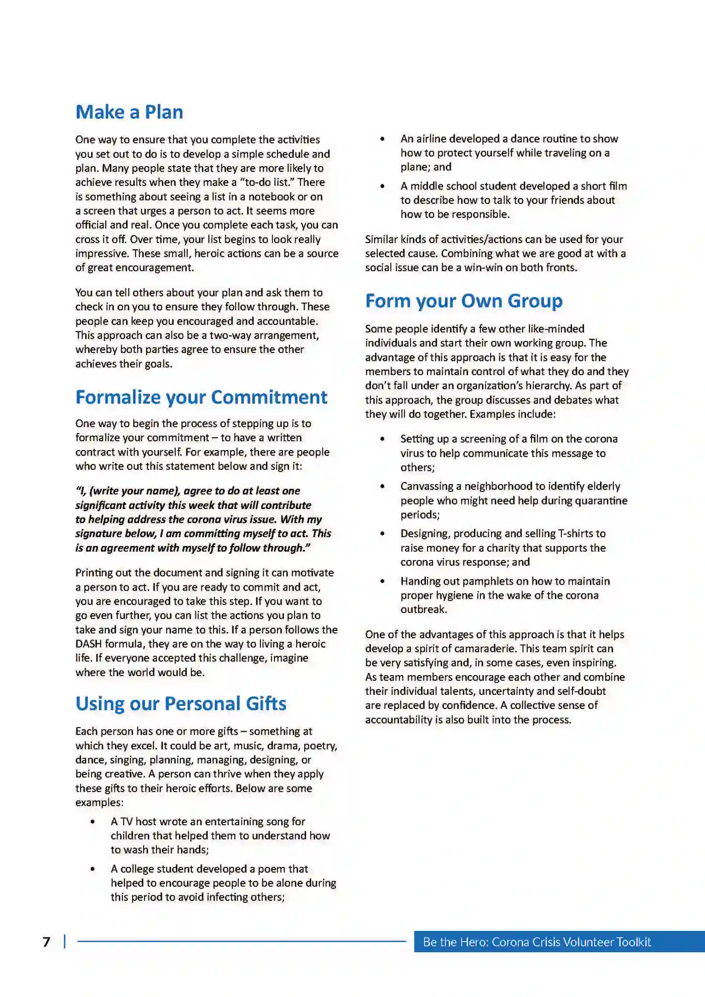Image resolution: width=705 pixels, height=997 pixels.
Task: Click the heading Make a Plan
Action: click(129, 112)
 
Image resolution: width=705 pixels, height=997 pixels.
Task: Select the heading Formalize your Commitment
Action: click(201, 397)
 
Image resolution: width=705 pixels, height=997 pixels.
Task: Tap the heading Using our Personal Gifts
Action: click(181, 703)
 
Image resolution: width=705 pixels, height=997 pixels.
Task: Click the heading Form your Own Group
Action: click(463, 301)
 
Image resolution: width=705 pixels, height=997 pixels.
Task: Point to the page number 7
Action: click(46, 942)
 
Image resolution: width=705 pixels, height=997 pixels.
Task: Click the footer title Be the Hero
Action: click(536, 942)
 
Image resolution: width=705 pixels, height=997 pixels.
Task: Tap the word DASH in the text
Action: click(89, 644)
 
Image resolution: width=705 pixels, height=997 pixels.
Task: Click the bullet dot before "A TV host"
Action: click(93, 822)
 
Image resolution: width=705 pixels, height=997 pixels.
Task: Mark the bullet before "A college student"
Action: click(93, 869)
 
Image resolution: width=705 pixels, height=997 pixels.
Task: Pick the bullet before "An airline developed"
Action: click(383, 139)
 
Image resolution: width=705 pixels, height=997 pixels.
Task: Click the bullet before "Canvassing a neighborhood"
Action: click(383, 486)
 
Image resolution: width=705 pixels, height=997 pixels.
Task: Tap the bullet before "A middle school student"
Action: click(383, 186)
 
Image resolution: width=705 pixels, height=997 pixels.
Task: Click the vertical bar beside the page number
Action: click(65, 942)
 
